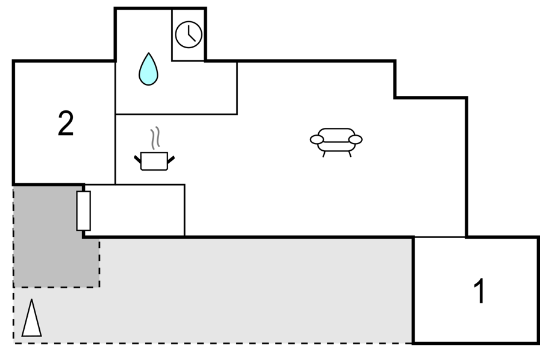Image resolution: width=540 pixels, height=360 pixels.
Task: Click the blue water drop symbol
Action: click(148, 70)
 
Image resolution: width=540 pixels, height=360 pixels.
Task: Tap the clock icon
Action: click(189, 34)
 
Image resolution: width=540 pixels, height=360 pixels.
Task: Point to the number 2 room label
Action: click(66, 124)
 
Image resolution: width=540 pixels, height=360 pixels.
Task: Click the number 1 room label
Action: click(480, 291)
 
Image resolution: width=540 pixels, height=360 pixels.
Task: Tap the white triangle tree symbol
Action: click(32, 318)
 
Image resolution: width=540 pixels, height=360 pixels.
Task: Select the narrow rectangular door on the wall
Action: click(83, 211)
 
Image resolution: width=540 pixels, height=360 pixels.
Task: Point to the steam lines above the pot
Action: click(155, 138)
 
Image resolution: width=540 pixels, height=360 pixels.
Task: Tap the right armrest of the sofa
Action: click(356, 139)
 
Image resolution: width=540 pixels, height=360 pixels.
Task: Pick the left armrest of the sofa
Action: click(317, 139)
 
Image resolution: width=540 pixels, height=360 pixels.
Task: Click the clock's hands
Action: click(191, 34)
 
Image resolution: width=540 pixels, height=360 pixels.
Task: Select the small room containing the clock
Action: click(188, 35)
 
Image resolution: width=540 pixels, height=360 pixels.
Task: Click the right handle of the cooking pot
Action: click(171, 160)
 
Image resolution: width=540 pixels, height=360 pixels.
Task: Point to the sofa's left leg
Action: click(324, 154)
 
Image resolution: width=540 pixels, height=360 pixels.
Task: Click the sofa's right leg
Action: click(350, 154)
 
